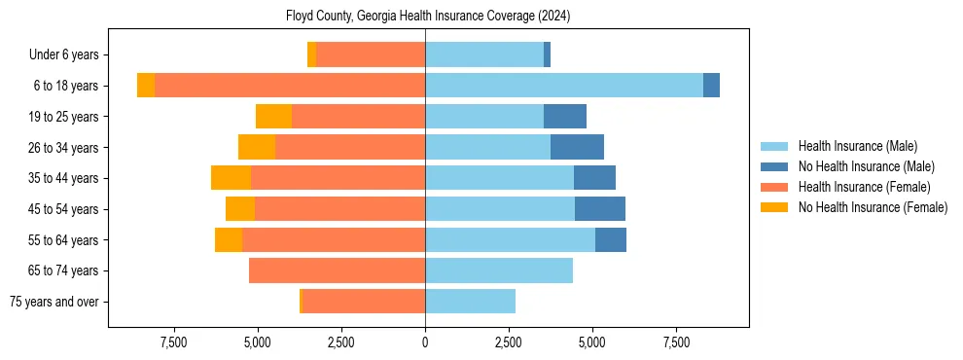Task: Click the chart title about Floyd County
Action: point(428,17)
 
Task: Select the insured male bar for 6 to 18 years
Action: point(563,86)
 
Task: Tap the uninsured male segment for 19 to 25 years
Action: point(564,117)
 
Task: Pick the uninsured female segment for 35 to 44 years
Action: point(231,178)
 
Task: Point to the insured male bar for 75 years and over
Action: point(470,302)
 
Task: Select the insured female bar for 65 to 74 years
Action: point(337,270)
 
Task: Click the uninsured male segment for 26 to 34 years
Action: point(577,147)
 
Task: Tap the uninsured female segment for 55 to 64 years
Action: point(229,239)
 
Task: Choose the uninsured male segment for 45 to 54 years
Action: point(599,209)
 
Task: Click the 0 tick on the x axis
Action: point(425,342)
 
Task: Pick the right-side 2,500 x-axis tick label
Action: point(509,342)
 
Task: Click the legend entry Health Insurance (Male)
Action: point(857,146)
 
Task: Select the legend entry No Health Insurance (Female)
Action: point(873,207)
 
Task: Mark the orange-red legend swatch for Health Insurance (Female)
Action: point(774,187)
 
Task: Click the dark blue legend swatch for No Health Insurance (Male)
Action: point(774,166)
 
